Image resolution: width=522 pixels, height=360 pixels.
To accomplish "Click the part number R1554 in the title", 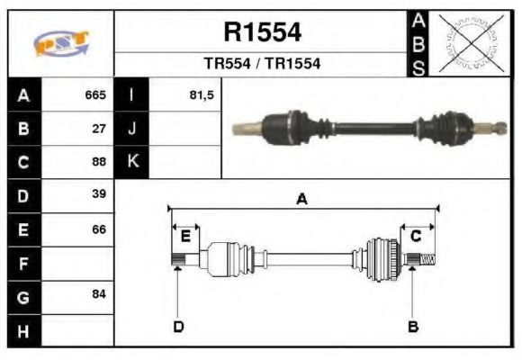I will pos(262,33).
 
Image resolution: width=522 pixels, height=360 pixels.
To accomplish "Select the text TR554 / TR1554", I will pos(262,65).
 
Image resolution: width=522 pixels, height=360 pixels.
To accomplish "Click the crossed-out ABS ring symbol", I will pos(467,43).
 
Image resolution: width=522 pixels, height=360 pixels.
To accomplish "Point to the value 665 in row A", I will pos(95,94).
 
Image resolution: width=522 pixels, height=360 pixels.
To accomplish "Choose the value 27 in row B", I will pos(99,128).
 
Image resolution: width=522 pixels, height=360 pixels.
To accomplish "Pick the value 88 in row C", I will pos(99,162).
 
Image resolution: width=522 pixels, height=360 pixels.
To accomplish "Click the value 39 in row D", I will pos(99,194).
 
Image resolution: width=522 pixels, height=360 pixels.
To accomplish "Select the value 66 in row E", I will pos(99,229).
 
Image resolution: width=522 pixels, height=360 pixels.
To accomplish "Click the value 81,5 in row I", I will pos(202,94).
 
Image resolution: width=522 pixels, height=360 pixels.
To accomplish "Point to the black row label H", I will pos(24,330).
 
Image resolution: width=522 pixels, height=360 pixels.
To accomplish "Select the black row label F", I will pos(24,264).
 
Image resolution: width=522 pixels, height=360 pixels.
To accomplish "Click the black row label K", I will pos(132,162).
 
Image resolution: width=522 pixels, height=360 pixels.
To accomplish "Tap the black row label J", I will pos(132,129).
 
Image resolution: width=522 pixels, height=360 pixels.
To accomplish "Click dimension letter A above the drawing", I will pos(301,200).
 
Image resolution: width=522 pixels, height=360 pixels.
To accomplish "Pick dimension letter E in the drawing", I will pos(185,237).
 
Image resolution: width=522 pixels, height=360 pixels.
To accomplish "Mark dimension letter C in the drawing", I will pos(416,237).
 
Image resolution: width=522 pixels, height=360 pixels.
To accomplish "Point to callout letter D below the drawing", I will pos(178,326).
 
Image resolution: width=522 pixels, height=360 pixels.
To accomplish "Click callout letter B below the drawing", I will pos(413,326).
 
